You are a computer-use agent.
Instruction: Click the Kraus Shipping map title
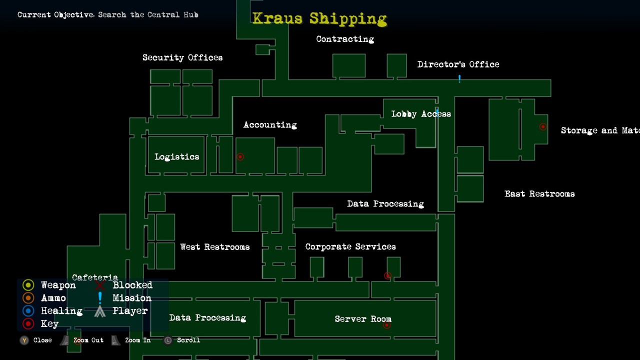click(x=319, y=19)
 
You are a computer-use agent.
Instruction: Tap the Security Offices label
click(x=182, y=57)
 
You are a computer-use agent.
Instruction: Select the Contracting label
click(x=345, y=39)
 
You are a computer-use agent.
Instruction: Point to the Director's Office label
click(x=458, y=64)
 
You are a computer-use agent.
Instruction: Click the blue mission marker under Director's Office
click(x=459, y=78)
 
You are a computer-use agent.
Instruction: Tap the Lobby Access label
click(x=421, y=114)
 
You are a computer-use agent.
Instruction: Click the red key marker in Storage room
click(x=542, y=127)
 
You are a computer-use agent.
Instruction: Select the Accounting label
click(x=270, y=125)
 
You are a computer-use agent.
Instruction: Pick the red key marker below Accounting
click(x=240, y=157)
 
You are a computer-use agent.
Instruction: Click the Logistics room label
click(x=177, y=157)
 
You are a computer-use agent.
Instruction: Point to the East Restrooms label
click(x=539, y=194)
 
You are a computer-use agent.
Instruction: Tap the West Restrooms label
click(x=215, y=247)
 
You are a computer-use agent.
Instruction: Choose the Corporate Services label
click(x=350, y=247)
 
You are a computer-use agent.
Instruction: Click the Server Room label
click(x=363, y=319)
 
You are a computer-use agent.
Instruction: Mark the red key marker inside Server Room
click(x=386, y=325)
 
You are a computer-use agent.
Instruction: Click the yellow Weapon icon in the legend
click(x=28, y=285)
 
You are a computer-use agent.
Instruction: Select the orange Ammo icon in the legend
click(x=28, y=298)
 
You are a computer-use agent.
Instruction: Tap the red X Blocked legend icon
click(x=100, y=285)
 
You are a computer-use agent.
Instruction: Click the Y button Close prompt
click(x=24, y=340)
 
